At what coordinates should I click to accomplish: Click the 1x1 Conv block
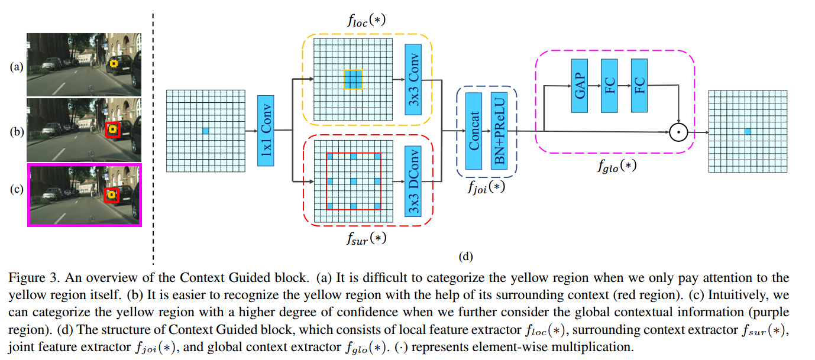(x=266, y=131)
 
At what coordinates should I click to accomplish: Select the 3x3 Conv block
(x=413, y=80)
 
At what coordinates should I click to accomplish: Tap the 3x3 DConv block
(x=413, y=181)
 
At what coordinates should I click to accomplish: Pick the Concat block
(x=474, y=131)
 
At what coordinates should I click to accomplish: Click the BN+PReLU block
(x=499, y=131)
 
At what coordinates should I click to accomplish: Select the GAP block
(x=580, y=86)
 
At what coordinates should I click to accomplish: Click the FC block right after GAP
(x=609, y=86)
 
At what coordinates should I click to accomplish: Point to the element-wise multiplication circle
(x=678, y=132)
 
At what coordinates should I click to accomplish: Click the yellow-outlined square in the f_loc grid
(x=353, y=80)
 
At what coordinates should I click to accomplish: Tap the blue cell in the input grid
(x=206, y=131)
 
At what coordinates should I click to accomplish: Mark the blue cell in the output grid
(x=748, y=132)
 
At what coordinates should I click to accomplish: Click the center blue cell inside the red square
(x=353, y=181)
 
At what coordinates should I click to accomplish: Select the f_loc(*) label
(x=366, y=20)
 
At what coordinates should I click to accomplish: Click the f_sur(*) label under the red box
(x=366, y=239)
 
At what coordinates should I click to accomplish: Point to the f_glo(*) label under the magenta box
(x=617, y=166)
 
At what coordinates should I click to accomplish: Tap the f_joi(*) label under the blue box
(x=486, y=187)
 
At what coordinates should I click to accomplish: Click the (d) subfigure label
(x=465, y=257)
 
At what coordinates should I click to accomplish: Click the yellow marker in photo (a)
(x=114, y=64)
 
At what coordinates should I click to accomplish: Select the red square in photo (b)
(x=113, y=129)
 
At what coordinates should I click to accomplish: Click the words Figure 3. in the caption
(x=34, y=278)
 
